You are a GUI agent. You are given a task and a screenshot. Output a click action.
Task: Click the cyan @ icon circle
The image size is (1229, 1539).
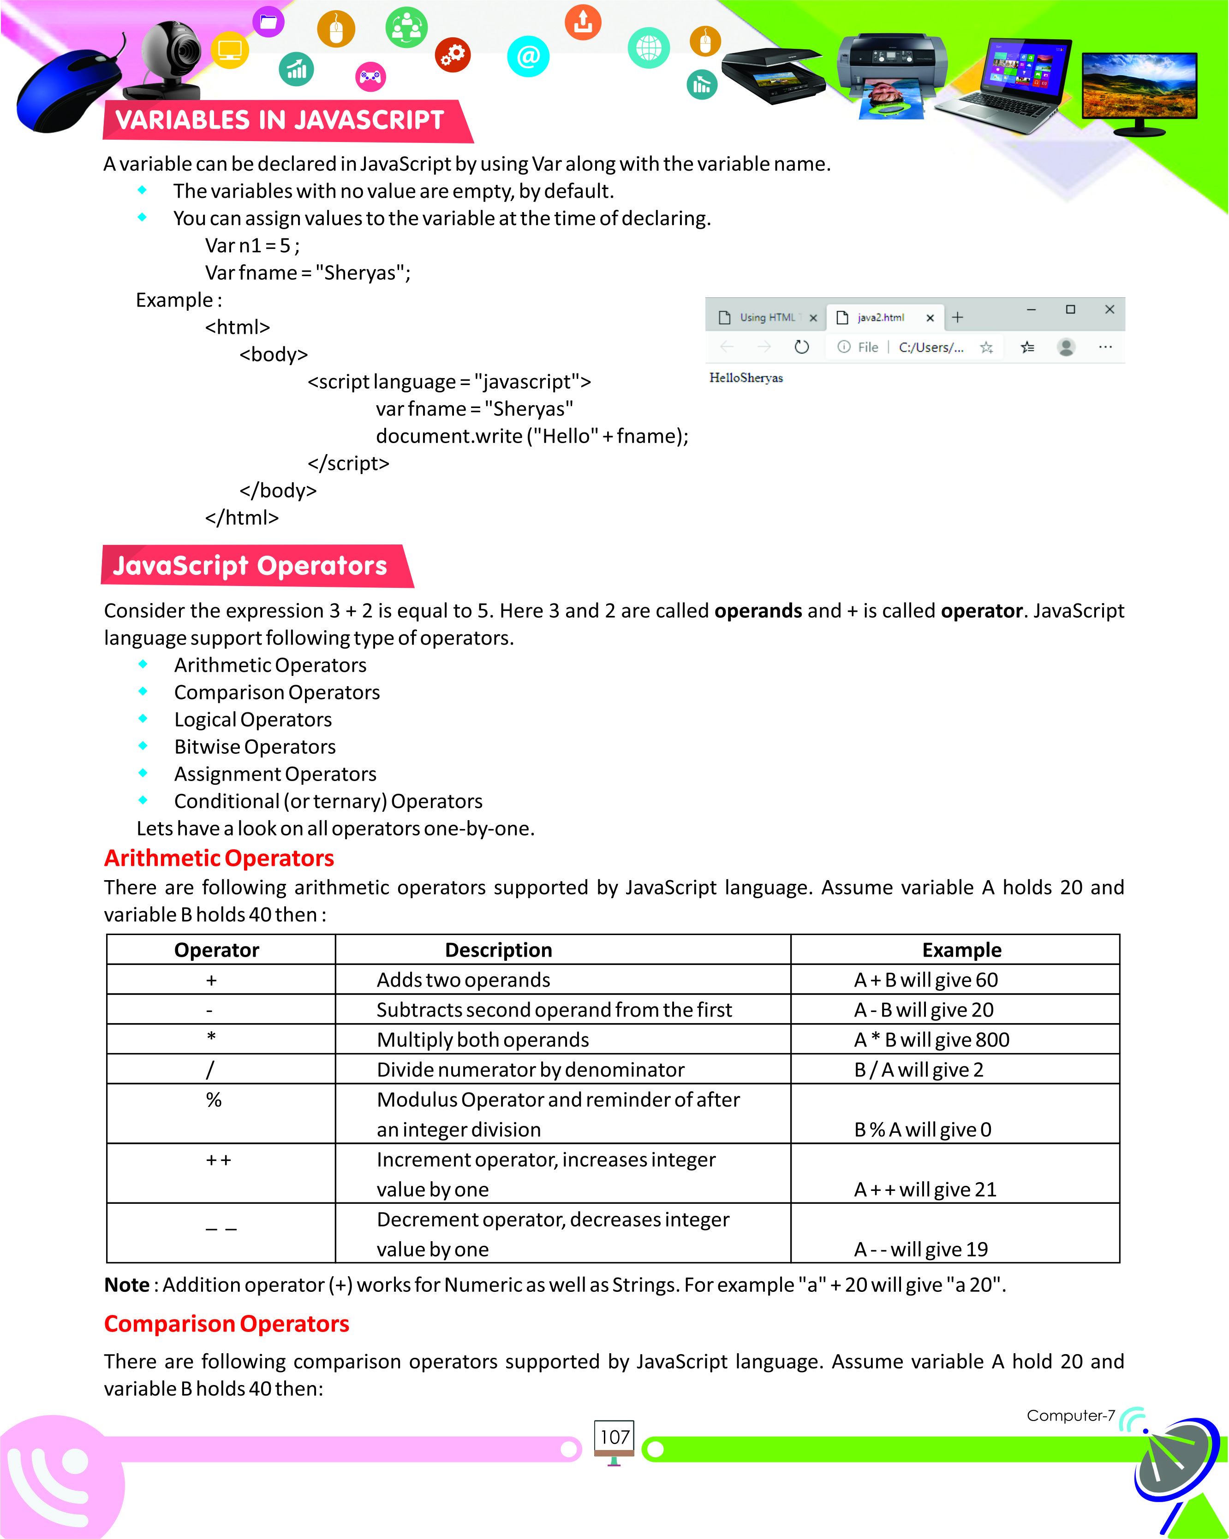click(x=528, y=56)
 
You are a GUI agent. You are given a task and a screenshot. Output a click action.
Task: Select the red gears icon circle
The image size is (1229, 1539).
click(x=453, y=54)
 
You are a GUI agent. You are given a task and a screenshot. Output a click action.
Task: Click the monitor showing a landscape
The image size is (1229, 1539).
click(x=1139, y=89)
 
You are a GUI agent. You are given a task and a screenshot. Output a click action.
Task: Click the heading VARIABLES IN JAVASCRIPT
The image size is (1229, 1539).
click(x=280, y=120)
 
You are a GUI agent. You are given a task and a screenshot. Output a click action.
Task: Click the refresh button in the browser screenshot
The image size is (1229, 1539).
click(x=802, y=347)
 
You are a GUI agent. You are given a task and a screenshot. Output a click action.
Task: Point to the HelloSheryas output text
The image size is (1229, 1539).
click(x=746, y=378)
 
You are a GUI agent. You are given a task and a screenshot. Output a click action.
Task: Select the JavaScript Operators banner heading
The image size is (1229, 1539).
click(x=250, y=565)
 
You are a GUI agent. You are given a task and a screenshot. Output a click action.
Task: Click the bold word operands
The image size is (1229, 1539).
click(x=758, y=611)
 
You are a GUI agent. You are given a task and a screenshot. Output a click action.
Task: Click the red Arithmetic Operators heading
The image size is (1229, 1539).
click(x=219, y=858)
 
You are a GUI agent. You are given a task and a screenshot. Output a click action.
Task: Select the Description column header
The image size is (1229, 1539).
click(x=498, y=950)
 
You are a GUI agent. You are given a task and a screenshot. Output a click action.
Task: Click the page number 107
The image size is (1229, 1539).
click(x=614, y=1437)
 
